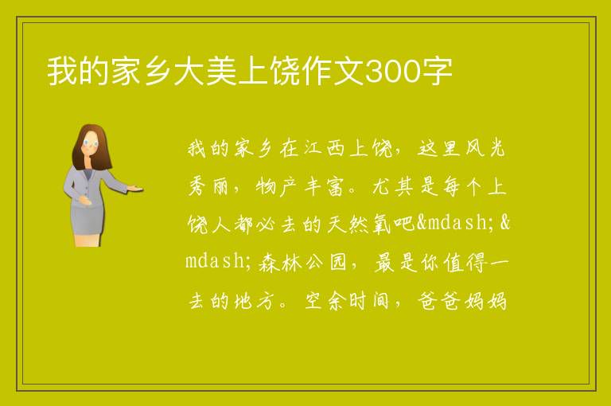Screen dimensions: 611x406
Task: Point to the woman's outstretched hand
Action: (135, 189)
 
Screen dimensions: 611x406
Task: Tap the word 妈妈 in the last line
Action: (485, 301)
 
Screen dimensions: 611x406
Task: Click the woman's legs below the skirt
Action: (88, 240)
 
